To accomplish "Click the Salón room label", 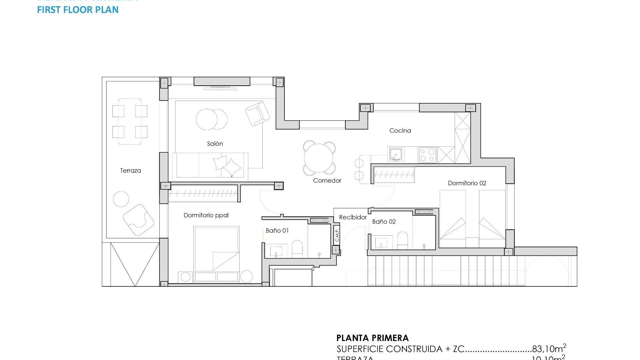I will click(x=215, y=144).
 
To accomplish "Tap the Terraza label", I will click(x=130, y=171).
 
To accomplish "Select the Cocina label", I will click(x=400, y=131).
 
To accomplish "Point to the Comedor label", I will click(x=327, y=181).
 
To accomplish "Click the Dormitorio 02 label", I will click(x=467, y=183).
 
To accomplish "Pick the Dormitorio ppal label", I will click(x=206, y=215).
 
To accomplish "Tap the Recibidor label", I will click(x=353, y=217).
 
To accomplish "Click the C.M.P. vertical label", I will click(x=337, y=235).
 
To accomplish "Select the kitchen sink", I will click(x=396, y=155).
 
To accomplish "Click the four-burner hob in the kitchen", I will click(x=427, y=155).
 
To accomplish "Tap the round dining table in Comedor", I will click(x=319, y=158).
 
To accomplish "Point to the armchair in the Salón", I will click(x=257, y=114).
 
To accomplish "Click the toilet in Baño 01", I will click(x=297, y=249).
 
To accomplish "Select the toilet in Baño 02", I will click(x=402, y=240).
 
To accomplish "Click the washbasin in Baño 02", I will click(x=381, y=242).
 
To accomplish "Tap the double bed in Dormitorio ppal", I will click(x=216, y=249).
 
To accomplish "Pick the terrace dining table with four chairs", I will click(x=130, y=121).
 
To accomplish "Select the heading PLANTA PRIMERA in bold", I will click(x=372, y=338).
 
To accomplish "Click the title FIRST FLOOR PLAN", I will click(x=78, y=10).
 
